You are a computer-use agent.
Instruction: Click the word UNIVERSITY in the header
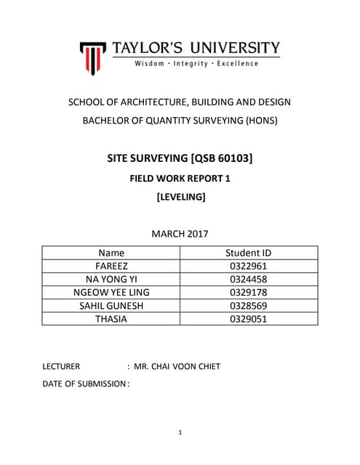click(x=235, y=49)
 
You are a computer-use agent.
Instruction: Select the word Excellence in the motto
click(x=238, y=64)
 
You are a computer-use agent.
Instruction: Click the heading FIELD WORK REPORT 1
click(x=180, y=178)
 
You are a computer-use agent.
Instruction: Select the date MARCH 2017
click(x=180, y=234)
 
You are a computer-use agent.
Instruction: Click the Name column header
click(x=111, y=253)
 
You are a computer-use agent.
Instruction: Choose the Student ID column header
click(x=249, y=253)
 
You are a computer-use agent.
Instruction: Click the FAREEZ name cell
click(x=111, y=266)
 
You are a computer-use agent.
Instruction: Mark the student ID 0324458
click(x=249, y=279)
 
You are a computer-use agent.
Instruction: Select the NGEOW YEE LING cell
click(x=111, y=292)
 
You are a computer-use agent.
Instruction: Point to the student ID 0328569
click(x=249, y=305)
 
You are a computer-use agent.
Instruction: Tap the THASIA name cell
click(x=111, y=318)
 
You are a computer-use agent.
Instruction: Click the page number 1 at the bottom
click(x=180, y=433)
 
